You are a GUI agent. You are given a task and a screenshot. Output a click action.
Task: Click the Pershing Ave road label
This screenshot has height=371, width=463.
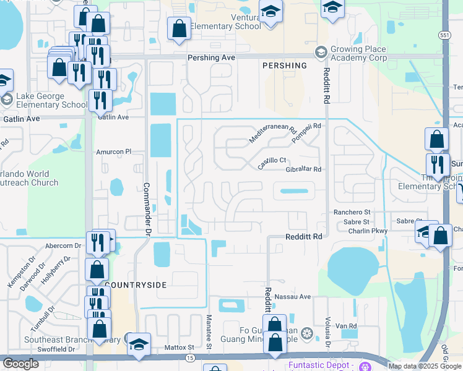[x=212, y=57]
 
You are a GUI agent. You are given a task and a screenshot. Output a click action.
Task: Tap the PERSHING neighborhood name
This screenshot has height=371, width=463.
[x=284, y=66]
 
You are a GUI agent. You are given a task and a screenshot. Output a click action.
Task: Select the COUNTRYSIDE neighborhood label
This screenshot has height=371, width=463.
[x=136, y=285]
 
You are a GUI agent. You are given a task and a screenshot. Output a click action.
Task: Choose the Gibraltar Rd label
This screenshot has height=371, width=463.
[x=304, y=169]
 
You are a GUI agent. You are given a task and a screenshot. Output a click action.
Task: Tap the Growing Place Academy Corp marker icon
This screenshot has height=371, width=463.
[x=320, y=51]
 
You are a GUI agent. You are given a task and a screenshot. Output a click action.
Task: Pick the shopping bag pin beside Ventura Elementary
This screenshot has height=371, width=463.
[x=179, y=27]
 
